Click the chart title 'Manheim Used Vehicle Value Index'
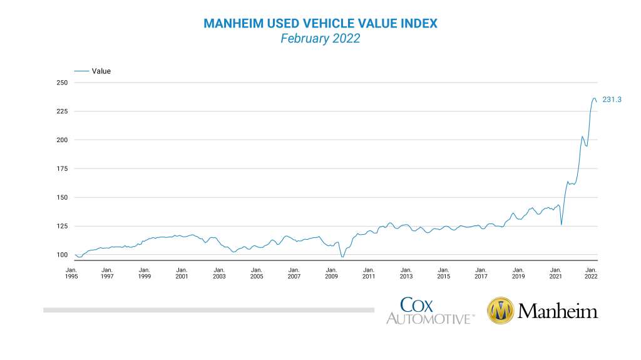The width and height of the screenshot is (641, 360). pos(320,23)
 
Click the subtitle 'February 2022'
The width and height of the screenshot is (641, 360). pos(320,38)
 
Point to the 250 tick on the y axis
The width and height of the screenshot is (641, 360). pos(61,83)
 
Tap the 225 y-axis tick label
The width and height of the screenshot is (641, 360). pos(61,111)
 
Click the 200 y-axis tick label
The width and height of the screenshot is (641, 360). pos(61,140)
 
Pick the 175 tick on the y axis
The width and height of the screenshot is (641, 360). pos(61,168)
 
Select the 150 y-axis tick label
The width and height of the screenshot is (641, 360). pos(61,197)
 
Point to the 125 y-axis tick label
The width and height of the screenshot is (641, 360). pos(61,226)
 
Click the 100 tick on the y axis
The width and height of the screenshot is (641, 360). pos(61,255)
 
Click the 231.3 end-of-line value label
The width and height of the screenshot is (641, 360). pos(612,100)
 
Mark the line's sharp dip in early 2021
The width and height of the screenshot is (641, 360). pos(562,224)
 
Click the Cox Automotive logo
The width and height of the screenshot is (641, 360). pos(429,311)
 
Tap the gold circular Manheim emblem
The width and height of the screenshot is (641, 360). pos(501,311)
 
